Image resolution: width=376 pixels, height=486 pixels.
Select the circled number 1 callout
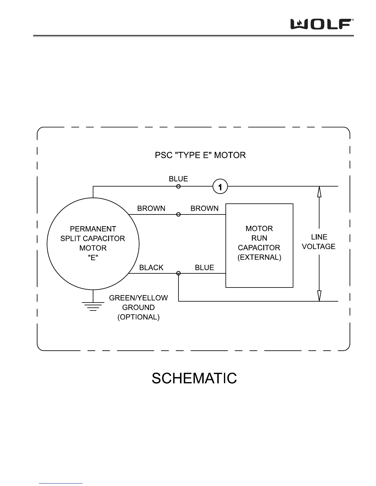[x=220, y=186]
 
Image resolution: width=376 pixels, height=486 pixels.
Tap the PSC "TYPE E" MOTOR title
[x=200, y=155]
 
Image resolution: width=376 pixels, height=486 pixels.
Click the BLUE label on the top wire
[x=178, y=179]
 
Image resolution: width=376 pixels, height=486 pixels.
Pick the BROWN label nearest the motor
[x=151, y=209]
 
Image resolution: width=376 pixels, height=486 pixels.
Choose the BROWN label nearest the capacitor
[x=205, y=209]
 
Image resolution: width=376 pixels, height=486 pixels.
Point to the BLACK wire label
[x=151, y=268]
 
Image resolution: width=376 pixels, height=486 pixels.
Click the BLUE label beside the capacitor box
[x=204, y=268]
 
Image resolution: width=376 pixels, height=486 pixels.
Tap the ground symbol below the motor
[x=93, y=305]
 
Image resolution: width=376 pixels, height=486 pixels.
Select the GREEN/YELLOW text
[x=139, y=298]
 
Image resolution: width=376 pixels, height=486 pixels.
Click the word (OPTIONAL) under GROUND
[x=139, y=317]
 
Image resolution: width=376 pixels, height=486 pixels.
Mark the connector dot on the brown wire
[x=178, y=214]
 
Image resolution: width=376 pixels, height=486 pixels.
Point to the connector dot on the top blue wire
[x=178, y=186]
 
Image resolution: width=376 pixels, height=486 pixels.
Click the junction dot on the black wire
[x=178, y=273]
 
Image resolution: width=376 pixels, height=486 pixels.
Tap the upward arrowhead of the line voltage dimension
[x=319, y=191]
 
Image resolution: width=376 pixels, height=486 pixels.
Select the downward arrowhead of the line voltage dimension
[x=319, y=296]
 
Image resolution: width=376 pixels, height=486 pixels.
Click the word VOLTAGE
[x=319, y=247]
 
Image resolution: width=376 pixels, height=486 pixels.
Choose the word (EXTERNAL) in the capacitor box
[x=259, y=257]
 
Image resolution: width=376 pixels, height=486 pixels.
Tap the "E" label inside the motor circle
[x=93, y=258]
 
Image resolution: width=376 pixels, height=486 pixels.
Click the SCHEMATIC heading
[x=194, y=378]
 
